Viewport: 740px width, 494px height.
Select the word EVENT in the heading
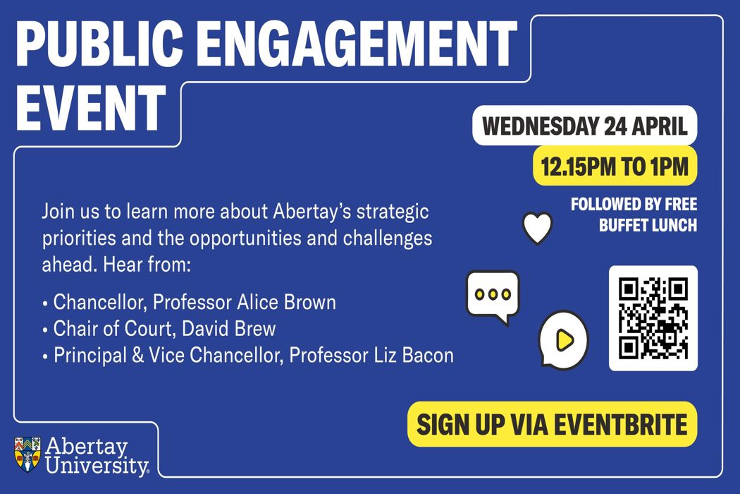[91, 108]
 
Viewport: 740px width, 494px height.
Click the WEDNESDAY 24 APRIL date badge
[585, 126]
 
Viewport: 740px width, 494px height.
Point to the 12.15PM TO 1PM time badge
[615, 167]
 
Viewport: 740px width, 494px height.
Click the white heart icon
[538, 227]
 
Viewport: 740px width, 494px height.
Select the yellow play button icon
[564, 339]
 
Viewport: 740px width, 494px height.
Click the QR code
[653, 318]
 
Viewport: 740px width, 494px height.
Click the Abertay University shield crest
[27, 454]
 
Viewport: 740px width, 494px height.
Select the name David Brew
[229, 329]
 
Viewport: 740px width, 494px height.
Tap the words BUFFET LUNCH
[648, 226]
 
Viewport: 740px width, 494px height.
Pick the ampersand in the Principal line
[138, 356]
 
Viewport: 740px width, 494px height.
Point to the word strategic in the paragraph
[393, 212]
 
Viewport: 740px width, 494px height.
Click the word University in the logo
[97, 466]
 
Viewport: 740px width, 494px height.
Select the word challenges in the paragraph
[388, 239]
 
